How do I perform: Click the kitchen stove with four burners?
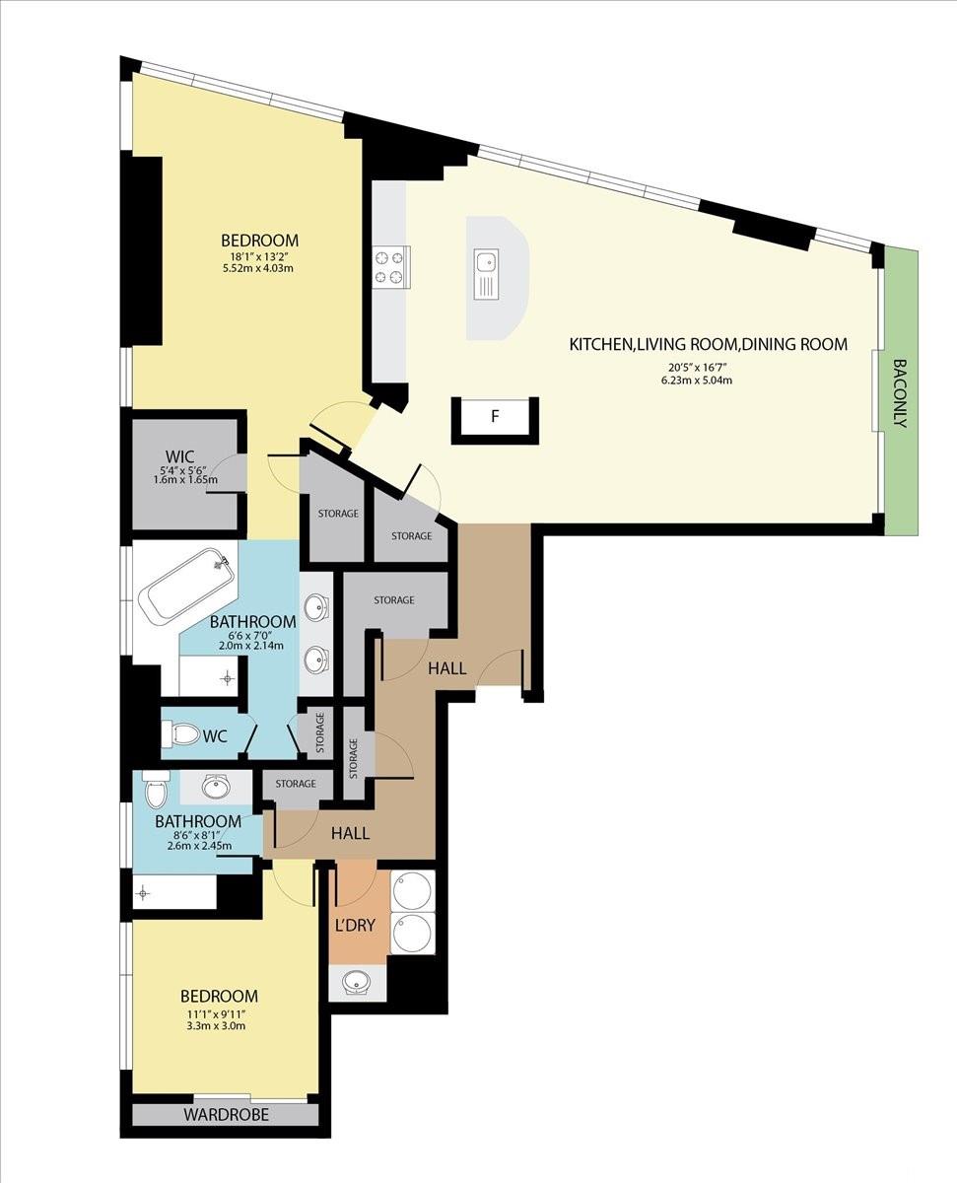391,267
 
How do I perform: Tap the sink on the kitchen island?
486,274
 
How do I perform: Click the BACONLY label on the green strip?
901,392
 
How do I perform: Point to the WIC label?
179,456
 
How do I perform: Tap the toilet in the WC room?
180,735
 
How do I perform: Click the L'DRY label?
355,926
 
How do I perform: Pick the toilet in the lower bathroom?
155,790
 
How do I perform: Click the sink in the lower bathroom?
216,787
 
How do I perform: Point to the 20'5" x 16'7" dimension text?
698,367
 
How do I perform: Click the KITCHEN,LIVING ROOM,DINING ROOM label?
709,344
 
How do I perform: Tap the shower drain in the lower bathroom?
143,893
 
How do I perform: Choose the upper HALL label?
447,668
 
